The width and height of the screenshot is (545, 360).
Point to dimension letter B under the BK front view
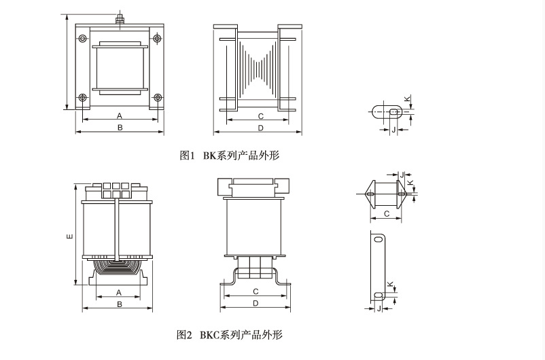click(120, 127)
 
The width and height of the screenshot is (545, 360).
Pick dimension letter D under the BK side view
click(260, 127)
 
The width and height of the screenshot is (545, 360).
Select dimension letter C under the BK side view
click(260, 115)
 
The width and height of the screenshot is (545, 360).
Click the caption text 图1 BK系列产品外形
click(229, 156)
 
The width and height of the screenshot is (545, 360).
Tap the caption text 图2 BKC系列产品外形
click(229, 334)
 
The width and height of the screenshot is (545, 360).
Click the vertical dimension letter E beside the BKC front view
click(69, 236)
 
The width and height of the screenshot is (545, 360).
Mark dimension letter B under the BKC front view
click(119, 304)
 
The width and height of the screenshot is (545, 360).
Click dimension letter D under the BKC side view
click(256, 303)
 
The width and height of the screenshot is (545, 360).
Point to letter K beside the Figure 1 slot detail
click(407, 99)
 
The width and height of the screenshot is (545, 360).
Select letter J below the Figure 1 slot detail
click(393, 128)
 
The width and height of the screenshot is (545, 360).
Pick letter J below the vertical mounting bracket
click(378, 308)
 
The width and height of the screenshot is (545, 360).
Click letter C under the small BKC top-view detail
click(385, 214)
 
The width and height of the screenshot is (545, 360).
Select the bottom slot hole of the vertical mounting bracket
click(379, 295)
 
